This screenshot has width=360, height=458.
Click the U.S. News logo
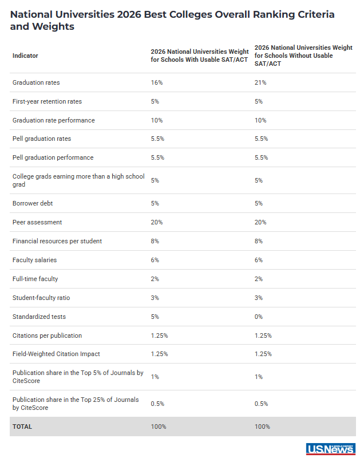pyautogui.click(x=330, y=449)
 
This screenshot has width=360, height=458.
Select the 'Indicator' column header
pyautogui.click(x=25, y=56)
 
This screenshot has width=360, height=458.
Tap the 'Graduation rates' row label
pyautogui.click(x=36, y=82)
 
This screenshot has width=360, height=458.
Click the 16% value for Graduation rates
pyautogui.click(x=157, y=82)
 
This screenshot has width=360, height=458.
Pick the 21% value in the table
pyautogui.click(x=260, y=82)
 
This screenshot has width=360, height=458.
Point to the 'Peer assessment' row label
pyautogui.click(x=37, y=222)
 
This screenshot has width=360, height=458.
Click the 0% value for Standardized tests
pyautogui.click(x=259, y=317)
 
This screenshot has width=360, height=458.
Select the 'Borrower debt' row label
pyautogui.click(x=33, y=203)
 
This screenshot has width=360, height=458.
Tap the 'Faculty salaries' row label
pyautogui.click(x=34, y=260)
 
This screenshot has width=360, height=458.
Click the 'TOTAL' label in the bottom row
pyautogui.click(x=22, y=427)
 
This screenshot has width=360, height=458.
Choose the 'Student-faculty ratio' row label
pyautogui.click(x=41, y=298)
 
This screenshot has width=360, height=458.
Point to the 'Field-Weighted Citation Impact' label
pyautogui.click(x=56, y=354)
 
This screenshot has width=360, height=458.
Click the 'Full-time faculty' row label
pyautogui.click(x=35, y=279)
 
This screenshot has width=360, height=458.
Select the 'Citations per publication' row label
pyautogui.click(x=47, y=335)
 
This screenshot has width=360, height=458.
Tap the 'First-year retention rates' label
pyautogui.click(x=47, y=101)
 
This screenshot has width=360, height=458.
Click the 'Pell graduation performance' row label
pyautogui.click(x=53, y=157)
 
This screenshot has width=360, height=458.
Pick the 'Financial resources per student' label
pyautogui.click(x=57, y=241)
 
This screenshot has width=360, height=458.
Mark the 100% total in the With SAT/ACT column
pyautogui.click(x=159, y=427)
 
